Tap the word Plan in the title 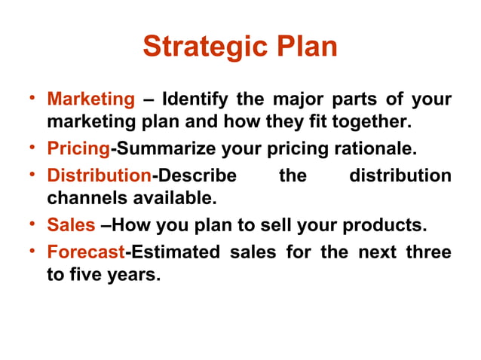click(x=300, y=47)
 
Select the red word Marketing click(x=90, y=99)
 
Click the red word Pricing click(x=79, y=148)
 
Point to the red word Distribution click(x=99, y=176)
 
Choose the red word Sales click(x=71, y=225)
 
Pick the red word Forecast click(x=85, y=251)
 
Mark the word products click(x=387, y=225)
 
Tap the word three click(x=429, y=251)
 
